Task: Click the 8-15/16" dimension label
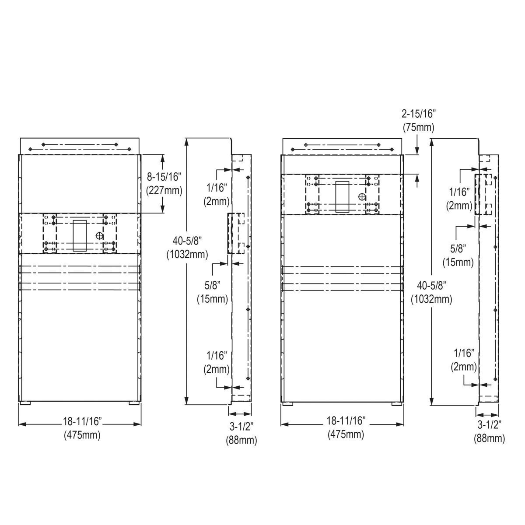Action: pos(164,177)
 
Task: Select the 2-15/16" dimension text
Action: pos(419,114)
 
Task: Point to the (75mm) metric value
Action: pos(419,127)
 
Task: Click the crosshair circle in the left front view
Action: pos(100,235)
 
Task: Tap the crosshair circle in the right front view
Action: pos(362,197)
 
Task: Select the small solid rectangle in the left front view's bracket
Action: pos(80,235)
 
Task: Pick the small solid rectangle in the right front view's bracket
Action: pos(342,196)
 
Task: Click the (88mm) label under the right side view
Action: pos(489,438)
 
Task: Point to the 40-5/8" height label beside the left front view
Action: pos(187,241)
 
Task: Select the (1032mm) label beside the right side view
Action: pos(431,299)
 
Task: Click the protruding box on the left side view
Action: pos(236,233)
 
